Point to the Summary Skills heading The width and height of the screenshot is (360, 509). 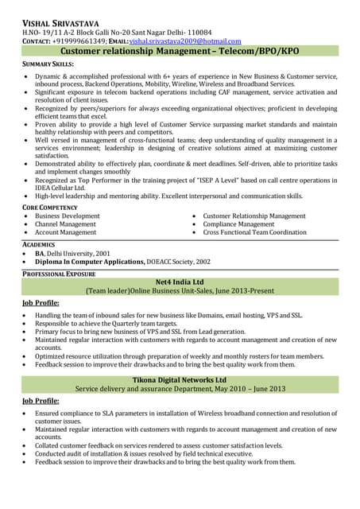pos(48,64)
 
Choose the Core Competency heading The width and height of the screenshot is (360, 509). pos(50,207)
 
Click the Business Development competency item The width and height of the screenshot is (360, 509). pos(68,216)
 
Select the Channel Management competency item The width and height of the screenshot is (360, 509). pos(65,224)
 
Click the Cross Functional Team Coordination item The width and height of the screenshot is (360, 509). pos(254,232)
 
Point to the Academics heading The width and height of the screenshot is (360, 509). pos(39,244)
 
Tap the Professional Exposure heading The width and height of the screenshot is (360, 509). pos(59,274)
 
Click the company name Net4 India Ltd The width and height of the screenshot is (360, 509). pos(180,283)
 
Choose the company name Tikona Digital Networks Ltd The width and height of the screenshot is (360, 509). pos(180,380)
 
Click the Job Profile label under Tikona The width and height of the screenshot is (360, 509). pos(41,401)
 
